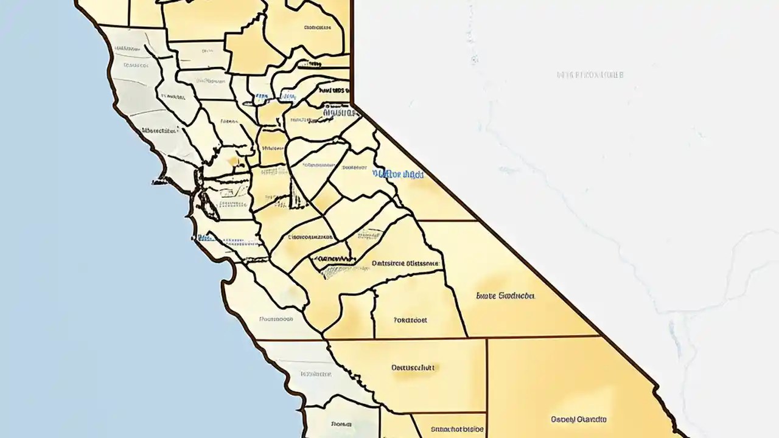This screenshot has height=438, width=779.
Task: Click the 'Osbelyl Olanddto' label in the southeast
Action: coord(579,419)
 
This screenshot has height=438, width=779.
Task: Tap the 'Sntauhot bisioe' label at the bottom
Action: coord(457,429)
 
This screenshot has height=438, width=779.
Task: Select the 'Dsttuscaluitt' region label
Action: coord(412,367)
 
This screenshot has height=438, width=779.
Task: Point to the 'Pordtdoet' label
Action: coord(410,319)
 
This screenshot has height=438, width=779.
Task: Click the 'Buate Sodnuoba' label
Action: coord(506,296)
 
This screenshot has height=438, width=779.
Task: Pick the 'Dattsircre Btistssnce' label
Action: coord(405,264)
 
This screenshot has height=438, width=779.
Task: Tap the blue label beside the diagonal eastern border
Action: coord(399,174)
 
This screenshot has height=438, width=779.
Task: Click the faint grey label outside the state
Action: coord(590,75)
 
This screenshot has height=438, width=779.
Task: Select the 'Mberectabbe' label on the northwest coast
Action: coord(159,130)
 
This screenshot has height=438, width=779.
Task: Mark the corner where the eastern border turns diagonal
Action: coord(352,105)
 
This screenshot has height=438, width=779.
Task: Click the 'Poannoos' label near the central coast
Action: coord(277,318)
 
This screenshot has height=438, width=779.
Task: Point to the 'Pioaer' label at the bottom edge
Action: coord(341,424)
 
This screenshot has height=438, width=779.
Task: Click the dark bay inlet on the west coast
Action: coord(209,207)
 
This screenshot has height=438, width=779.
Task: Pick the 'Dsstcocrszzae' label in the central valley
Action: coord(311,237)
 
